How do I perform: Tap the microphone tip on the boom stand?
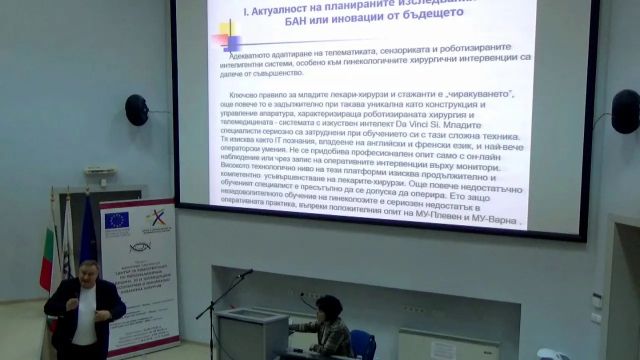(247, 271)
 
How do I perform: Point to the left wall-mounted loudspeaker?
(135, 109)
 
